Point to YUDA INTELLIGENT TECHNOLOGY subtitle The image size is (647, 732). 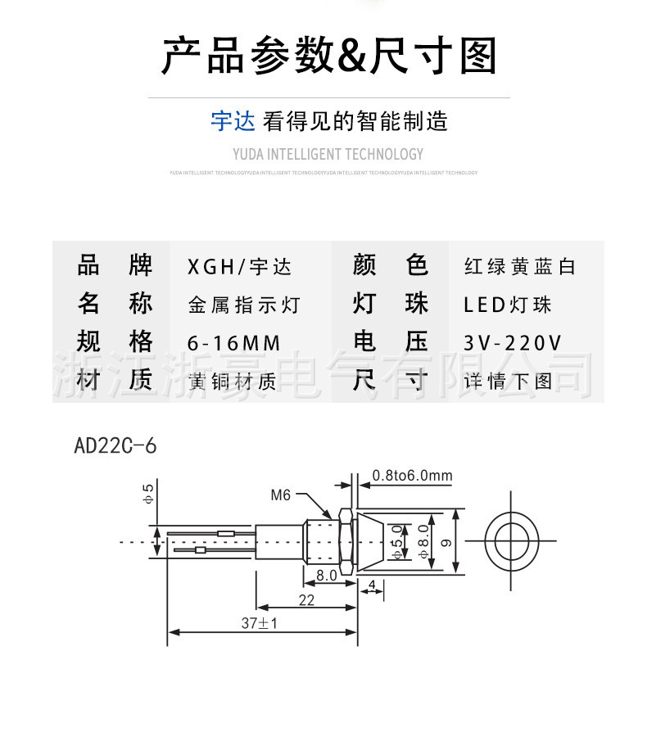(328, 154)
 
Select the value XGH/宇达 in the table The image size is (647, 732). (239, 267)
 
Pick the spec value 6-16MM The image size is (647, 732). (234, 343)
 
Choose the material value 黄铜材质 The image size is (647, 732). (232, 381)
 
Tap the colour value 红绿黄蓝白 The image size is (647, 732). (519, 267)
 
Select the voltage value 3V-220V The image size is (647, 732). (513, 343)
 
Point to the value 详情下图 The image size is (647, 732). (508, 381)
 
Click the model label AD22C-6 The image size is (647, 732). (115, 446)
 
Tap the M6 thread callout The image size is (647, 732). (281, 495)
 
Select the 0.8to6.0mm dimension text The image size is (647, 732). (412, 476)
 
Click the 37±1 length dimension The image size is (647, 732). (260, 623)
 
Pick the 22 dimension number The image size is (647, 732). (305, 600)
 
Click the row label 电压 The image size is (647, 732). (390, 343)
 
